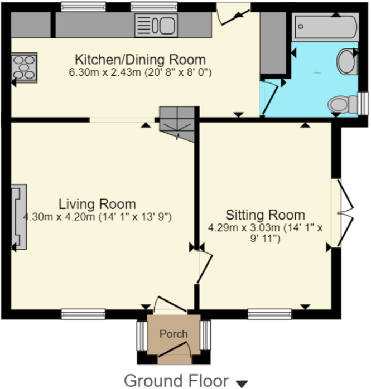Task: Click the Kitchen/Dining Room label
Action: tap(140, 60)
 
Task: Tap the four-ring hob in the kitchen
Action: tap(25, 67)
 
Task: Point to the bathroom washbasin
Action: tap(346, 61)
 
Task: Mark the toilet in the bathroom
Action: tap(340, 104)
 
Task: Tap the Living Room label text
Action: tap(98, 204)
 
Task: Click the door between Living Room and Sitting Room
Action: tap(203, 267)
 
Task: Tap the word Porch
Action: tap(174, 334)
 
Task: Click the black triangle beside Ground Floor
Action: tap(242, 383)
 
